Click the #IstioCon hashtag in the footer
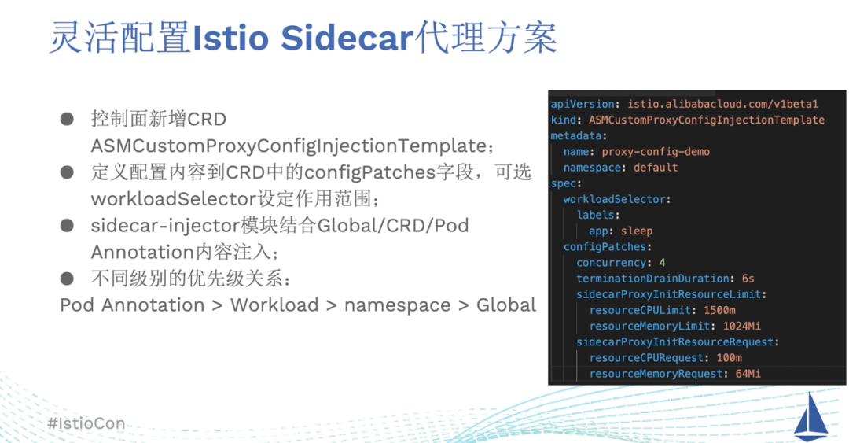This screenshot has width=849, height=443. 86,423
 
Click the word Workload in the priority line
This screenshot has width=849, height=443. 274,305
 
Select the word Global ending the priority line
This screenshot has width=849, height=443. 506,305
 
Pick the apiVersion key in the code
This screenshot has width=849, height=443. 583,104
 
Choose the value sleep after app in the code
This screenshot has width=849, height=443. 637,231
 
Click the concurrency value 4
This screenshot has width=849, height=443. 662,263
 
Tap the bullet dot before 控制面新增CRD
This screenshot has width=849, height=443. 68,120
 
